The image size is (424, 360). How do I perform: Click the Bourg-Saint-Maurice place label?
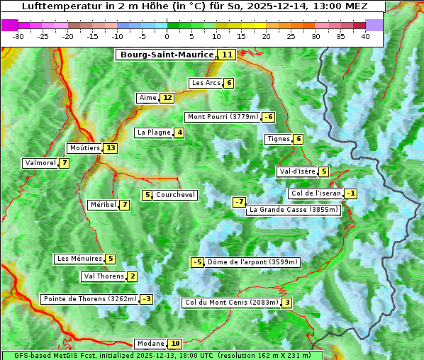[x=167, y=55]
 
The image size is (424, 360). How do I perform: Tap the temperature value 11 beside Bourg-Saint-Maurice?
[x=227, y=55]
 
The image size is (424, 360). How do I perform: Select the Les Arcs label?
[x=206, y=83]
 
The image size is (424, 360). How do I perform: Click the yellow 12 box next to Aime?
[x=167, y=98]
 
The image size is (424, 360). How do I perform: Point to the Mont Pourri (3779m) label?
[x=222, y=117]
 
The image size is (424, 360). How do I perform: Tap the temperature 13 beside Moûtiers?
[x=110, y=148]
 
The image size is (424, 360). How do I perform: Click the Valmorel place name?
[x=40, y=163]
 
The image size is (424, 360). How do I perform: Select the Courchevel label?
[x=175, y=195]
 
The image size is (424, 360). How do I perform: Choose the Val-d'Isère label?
[x=297, y=171]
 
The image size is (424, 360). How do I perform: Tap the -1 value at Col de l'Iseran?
[x=350, y=193]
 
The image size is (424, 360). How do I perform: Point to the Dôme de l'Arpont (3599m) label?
[x=252, y=262]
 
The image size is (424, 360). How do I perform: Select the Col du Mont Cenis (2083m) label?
[x=230, y=303]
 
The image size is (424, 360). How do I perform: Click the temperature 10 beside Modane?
[x=175, y=344]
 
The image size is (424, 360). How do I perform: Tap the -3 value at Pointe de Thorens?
[x=146, y=299]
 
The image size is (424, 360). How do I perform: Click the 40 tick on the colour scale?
[x=365, y=36]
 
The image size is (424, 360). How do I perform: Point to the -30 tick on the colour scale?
[x=18, y=36]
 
